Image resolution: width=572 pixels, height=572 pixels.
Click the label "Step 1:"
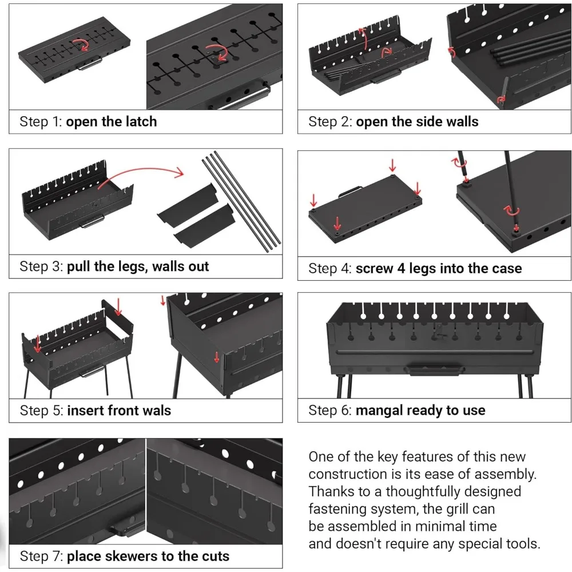(x=41, y=122)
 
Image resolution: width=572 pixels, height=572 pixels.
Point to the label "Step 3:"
(x=41, y=267)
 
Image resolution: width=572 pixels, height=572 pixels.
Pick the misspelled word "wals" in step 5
(x=156, y=410)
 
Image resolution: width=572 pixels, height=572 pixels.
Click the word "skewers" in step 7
(x=136, y=556)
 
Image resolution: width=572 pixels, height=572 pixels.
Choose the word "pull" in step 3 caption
(x=78, y=267)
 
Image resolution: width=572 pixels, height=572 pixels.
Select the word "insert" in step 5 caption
(x=85, y=410)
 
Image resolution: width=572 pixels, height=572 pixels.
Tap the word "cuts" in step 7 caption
(x=214, y=556)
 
